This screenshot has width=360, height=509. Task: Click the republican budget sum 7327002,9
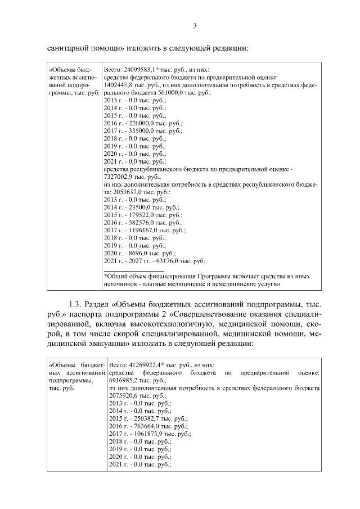(x=119, y=176)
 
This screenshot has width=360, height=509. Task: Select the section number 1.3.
(x=75, y=304)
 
